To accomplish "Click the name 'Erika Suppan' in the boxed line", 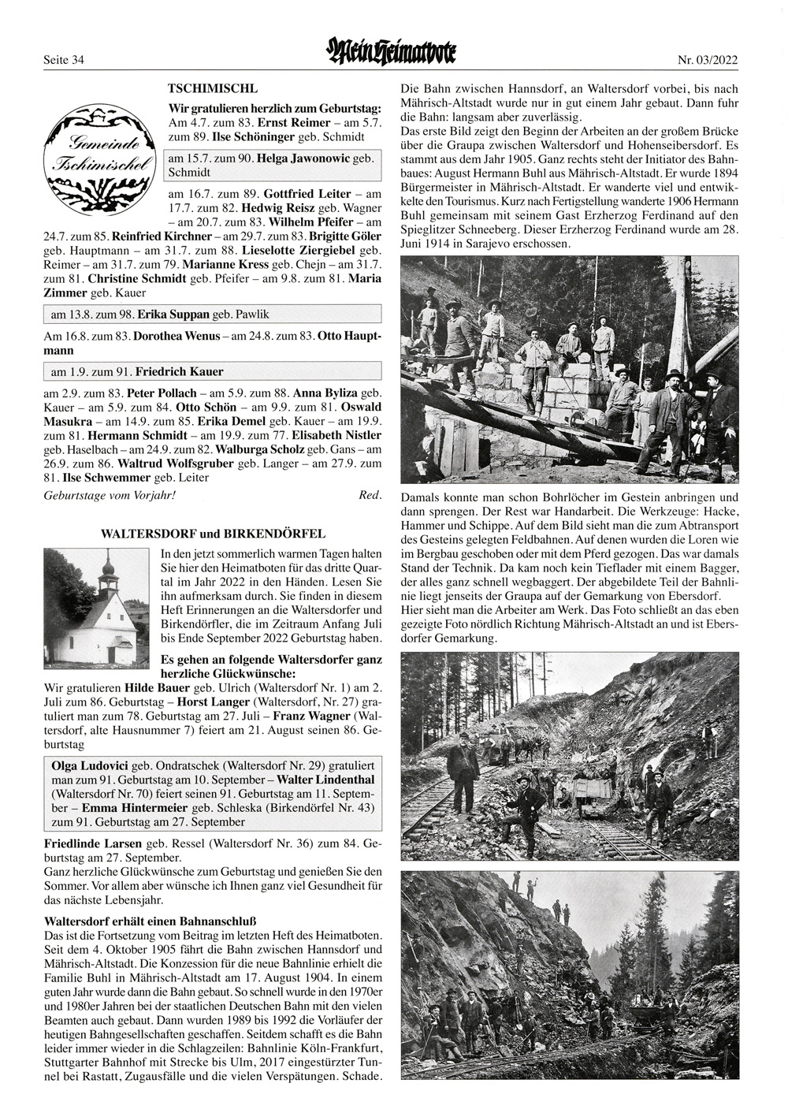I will click(173, 315).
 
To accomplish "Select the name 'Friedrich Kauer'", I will click(179, 371).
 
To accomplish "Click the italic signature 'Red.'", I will click(370, 495).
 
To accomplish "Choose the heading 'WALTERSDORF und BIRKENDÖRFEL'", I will click(213, 534).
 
